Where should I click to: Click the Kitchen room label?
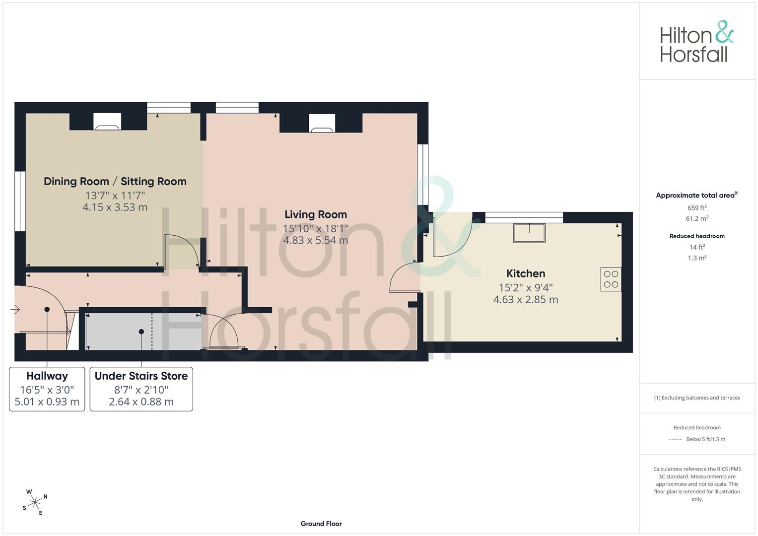coord(526,273)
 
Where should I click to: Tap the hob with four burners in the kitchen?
coord(611,279)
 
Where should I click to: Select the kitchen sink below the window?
coord(529,233)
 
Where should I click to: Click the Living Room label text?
coord(316,214)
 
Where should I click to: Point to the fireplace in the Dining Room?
coord(107,122)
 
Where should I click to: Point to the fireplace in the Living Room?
coord(322,123)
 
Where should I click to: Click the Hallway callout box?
coord(47,389)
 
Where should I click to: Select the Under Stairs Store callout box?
coord(141,389)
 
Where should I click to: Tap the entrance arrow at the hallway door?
coord(15,309)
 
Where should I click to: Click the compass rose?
coord(35,502)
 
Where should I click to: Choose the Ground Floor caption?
coord(321,524)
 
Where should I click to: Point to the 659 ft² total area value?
coord(697,208)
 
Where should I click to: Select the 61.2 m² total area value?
coord(697,218)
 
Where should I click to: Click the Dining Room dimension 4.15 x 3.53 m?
coord(115,207)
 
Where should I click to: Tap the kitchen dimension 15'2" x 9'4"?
coord(526,288)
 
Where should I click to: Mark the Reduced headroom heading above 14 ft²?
coord(697,236)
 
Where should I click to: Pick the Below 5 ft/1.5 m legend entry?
coord(705,439)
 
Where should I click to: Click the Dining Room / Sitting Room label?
coord(115,182)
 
